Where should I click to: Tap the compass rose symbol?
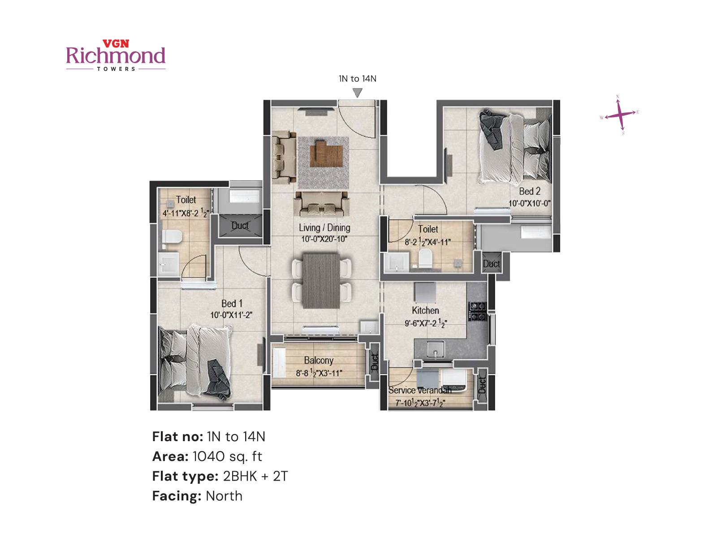[x=620, y=114]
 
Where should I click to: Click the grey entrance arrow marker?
[x=357, y=93]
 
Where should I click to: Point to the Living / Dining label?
[x=324, y=228]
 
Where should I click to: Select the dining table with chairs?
[x=321, y=281]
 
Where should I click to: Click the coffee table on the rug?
[x=329, y=154]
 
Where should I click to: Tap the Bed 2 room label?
[x=530, y=191]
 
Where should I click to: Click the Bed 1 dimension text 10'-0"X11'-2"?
[x=231, y=315]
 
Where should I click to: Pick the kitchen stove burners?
[x=477, y=311]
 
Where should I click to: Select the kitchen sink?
[x=435, y=349]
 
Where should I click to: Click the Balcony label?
[x=319, y=360]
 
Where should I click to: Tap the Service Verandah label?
[x=419, y=390]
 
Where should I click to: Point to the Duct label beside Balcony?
[x=375, y=362]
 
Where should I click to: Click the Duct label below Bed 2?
[x=491, y=264]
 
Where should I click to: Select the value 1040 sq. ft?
[x=227, y=456]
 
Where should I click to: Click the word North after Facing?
[x=224, y=496]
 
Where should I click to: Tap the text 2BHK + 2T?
[x=255, y=476]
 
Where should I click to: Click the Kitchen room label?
[x=425, y=310]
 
